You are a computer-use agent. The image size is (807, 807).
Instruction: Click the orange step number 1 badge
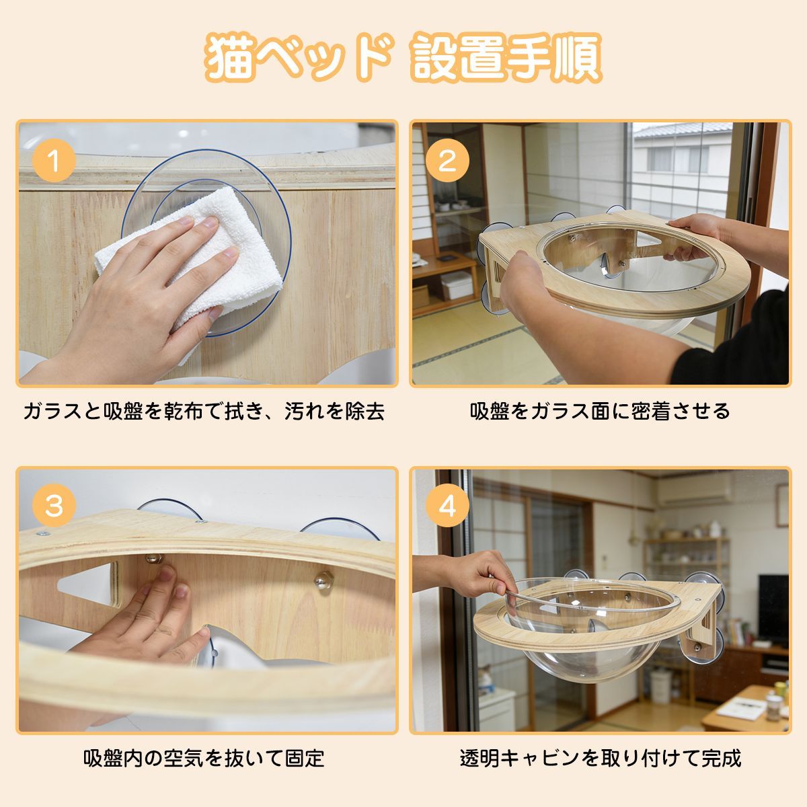(54, 161)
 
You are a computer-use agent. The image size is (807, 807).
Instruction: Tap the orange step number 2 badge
(447, 161)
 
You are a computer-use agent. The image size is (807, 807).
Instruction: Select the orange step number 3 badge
(54, 506)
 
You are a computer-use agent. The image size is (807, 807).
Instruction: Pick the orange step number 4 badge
(447, 506)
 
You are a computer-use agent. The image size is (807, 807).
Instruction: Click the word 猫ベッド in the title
(299, 59)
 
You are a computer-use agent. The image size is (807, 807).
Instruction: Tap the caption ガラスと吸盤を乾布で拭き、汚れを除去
(204, 412)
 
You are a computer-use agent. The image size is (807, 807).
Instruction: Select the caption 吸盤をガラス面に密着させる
(600, 412)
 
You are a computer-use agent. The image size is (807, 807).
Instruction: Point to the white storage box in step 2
(457, 284)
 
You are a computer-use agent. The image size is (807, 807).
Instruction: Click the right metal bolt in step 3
(323, 580)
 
